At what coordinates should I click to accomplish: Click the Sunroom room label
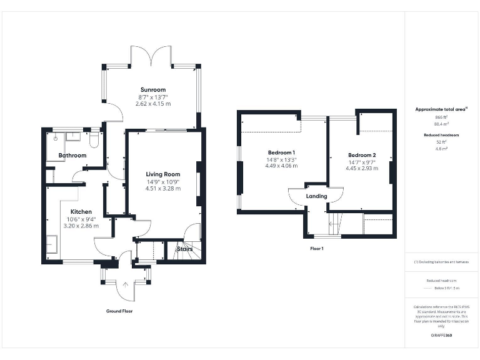click(153, 89)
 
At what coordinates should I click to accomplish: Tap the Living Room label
click(163, 174)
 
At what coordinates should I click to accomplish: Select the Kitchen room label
click(81, 212)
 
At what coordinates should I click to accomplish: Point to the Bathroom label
click(72, 155)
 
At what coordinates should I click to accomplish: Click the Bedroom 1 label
click(281, 153)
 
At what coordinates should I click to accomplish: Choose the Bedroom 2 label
click(362, 155)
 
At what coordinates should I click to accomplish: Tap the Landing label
click(316, 196)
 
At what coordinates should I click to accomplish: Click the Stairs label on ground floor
click(184, 249)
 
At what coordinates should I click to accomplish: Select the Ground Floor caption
click(119, 311)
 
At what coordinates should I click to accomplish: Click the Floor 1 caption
click(317, 248)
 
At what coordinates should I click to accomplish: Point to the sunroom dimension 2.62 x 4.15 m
click(153, 104)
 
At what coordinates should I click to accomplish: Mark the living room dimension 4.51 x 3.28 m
click(163, 188)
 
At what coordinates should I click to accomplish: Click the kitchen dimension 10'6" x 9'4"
click(81, 219)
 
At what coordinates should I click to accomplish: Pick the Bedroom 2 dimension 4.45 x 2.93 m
click(362, 169)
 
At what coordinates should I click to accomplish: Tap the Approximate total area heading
click(441, 109)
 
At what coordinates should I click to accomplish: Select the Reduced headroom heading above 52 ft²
click(442, 135)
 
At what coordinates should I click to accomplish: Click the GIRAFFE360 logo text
click(442, 336)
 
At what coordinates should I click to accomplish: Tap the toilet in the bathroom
click(94, 138)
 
